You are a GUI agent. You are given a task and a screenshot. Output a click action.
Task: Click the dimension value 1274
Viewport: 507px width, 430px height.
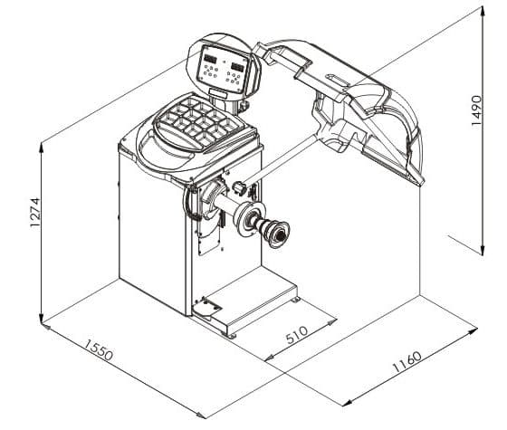(x=35, y=213)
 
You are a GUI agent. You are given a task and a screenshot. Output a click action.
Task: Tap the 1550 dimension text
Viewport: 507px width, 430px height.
(x=99, y=349)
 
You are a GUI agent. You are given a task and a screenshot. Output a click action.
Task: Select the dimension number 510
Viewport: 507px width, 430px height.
(x=297, y=335)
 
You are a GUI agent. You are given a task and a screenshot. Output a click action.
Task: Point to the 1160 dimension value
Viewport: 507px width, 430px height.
(x=407, y=362)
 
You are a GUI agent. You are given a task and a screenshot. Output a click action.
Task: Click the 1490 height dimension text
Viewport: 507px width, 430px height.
(x=476, y=110)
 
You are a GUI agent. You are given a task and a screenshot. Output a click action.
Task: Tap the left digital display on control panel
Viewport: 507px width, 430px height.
(x=210, y=59)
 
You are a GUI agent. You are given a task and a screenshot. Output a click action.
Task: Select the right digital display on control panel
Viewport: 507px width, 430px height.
(x=237, y=66)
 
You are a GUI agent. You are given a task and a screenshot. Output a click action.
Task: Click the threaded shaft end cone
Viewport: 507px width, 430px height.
(x=276, y=234)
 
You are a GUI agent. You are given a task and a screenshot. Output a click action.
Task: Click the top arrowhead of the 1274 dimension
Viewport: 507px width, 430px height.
(x=41, y=148)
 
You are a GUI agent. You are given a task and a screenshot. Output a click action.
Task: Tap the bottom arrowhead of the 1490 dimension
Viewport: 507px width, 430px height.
(x=483, y=250)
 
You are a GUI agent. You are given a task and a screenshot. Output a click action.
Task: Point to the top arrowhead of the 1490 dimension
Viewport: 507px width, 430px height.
(x=483, y=11)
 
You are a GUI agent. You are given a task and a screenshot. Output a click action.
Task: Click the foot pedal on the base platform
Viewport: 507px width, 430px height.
(x=207, y=308)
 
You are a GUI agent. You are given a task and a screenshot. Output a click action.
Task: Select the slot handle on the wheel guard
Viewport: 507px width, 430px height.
(x=338, y=81)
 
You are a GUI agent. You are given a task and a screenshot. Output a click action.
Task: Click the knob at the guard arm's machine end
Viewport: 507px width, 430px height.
(x=239, y=188)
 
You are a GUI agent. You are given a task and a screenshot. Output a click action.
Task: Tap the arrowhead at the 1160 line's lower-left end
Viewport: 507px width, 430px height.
(x=347, y=403)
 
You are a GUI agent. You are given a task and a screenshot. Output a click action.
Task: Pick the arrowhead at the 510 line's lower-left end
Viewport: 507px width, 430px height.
(x=269, y=358)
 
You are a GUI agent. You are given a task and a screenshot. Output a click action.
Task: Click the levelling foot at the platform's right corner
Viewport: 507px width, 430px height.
(x=295, y=300)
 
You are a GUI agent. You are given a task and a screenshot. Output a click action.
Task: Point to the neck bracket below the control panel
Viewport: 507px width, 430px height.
(x=217, y=93)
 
